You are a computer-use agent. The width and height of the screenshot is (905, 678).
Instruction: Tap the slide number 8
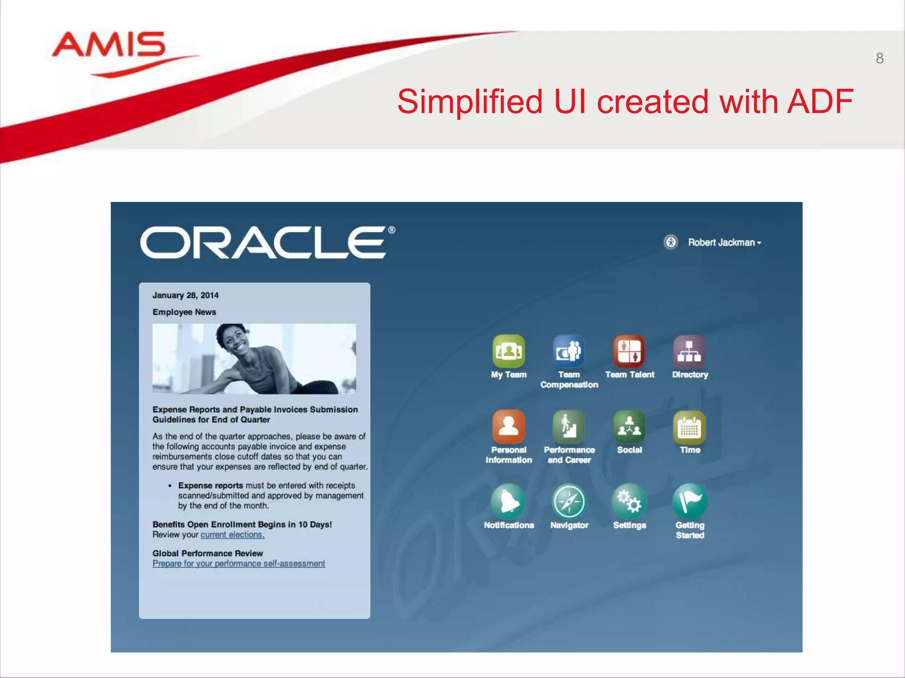pyautogui.click(x=879, y=58)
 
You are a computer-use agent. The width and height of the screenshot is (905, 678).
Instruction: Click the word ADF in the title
pyautogui.click(x=820, y=102)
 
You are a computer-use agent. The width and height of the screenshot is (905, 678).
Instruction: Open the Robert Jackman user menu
pyautogui.click(x=725, y=242)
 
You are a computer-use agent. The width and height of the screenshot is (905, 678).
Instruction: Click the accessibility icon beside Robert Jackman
pyautogui.click(x=671, y=242)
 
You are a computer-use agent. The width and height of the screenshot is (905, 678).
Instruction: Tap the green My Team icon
pyautogui.click(x=509, y=351)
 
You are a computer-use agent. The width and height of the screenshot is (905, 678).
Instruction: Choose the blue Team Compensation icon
pyautogui.click(x=569, y=351)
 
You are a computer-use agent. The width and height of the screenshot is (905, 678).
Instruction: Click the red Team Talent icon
pyautogui.click(x=629, y=351)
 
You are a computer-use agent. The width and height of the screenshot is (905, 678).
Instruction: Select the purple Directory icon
pyautogui.click(x=689, y=351)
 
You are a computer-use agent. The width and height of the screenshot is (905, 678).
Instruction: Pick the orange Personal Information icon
pyautogui.click(x=509, y=426)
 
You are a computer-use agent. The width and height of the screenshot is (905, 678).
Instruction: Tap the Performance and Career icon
pyautogui.click(x=569, y=426)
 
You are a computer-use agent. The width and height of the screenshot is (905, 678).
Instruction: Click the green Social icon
pyautogui.click(x=629, y=426)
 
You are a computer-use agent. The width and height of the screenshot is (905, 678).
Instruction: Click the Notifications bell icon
pyautogui.click(x=509, y=501)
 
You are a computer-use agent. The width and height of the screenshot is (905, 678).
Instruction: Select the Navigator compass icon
pyautogui.click(x=569, y=501)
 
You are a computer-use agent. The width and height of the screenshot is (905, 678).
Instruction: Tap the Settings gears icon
pyautogui.click(x=629, y=501)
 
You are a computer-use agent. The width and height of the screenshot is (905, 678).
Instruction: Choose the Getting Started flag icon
pyautogui.click(x=689, y=501)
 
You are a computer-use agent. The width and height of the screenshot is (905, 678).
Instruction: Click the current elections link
pyautogui.click(x=232, y=535)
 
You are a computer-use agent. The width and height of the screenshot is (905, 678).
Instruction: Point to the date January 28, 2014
pyautogui.click(x=185, y=295)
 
